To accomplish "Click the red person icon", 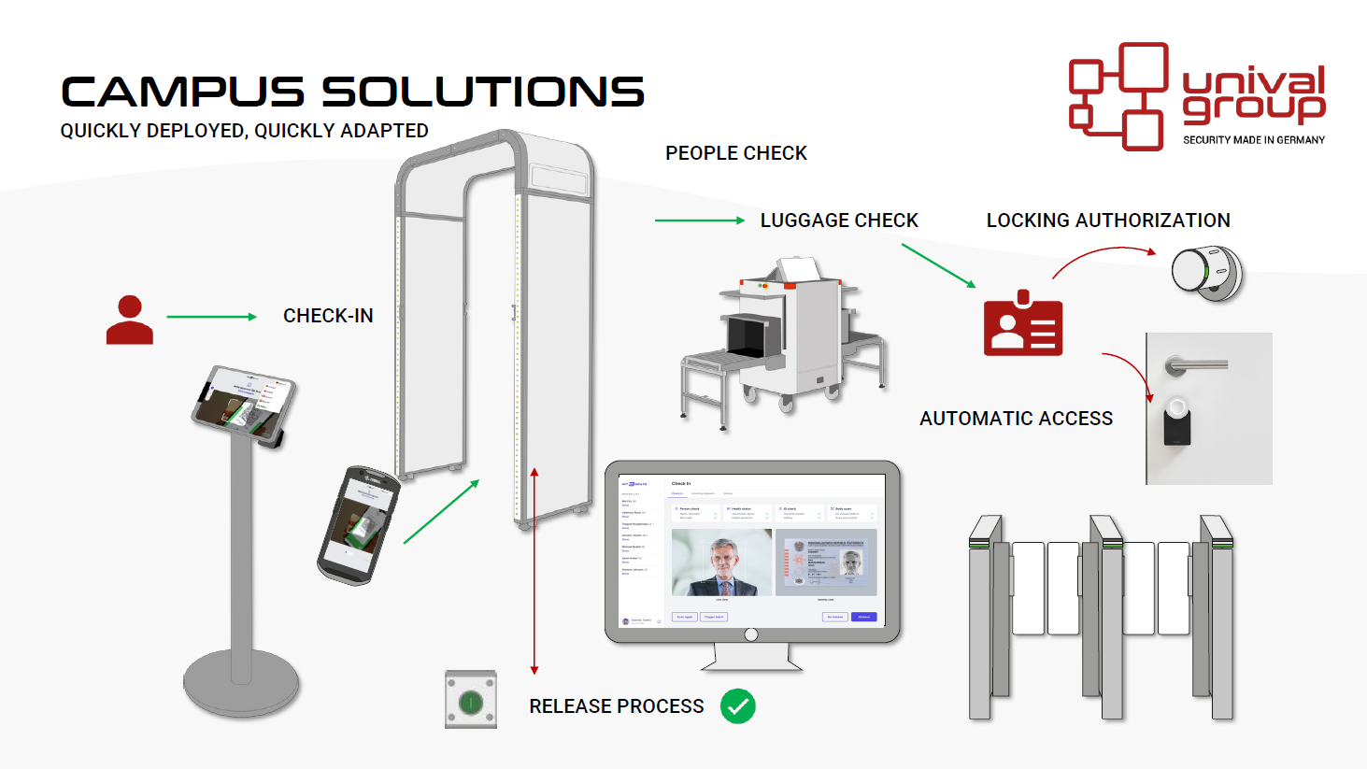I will [x=130, y=320].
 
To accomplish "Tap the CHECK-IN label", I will [x=328, y=316].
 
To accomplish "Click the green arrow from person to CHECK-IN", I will [x=211, y=317].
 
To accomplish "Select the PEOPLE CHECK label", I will [x=735, y=153].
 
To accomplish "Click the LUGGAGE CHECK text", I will [x=838, y=221].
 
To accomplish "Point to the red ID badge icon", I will [x=1022, y=324].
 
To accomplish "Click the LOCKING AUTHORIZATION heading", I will [x=1108, y=221].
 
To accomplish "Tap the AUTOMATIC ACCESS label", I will [x=1016, y=419].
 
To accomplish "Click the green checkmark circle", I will [x=737, y=706].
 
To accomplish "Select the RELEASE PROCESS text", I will [x=616, y=706].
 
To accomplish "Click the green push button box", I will [x=471, y=700].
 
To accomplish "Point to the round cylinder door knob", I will [x=1206, y=272].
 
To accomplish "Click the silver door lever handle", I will [x=1195, y=364].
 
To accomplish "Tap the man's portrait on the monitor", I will [x=721, y=563].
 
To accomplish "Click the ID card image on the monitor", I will [x=826, y=563].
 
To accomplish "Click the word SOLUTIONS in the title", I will [x=483, y=93].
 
